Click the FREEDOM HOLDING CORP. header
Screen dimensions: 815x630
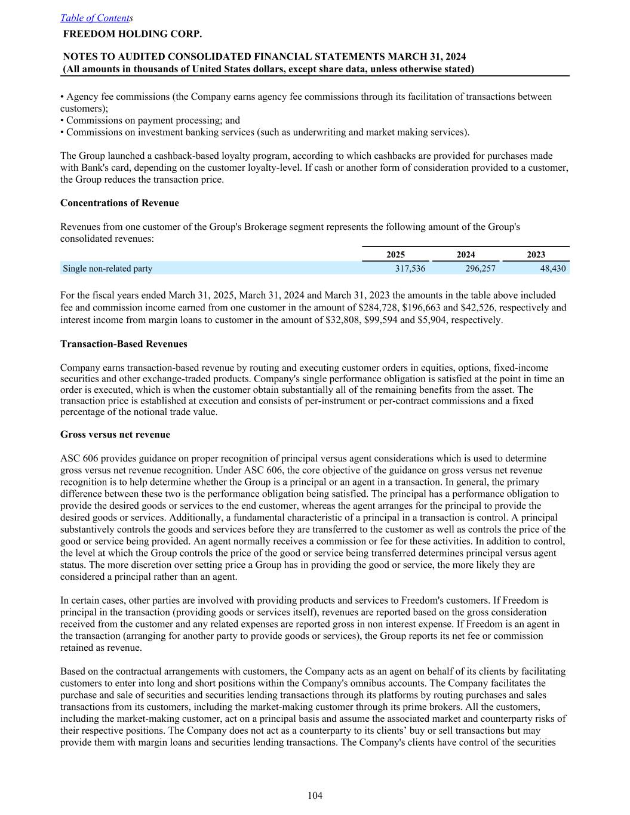(132, 34)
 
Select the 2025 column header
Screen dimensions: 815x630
(395, 254)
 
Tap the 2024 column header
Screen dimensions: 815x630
(466, 254)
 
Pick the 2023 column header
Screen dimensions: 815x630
(536, 254)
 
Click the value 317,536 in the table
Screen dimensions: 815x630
(410, 269)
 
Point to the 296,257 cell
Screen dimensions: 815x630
(480, 269)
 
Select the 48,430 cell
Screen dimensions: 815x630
(552, 269)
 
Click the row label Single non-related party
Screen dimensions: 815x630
(107, 269)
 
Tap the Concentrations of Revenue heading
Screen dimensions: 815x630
(119, 203)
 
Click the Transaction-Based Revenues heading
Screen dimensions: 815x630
(124, 344)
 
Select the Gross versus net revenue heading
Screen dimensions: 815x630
(115, 435)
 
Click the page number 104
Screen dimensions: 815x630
(315, 795)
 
